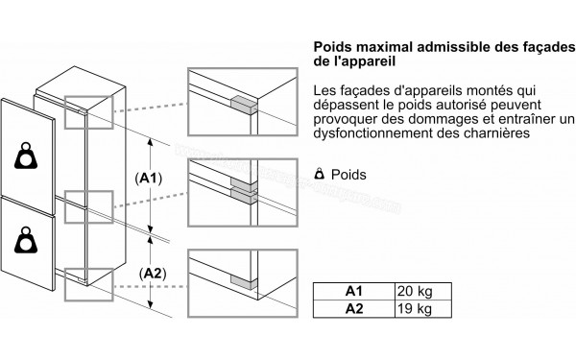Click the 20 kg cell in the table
point(422,292)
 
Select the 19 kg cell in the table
point(422,309)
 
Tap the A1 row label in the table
point(354,292)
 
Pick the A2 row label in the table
point(354,309)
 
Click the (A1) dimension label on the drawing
point(149,179)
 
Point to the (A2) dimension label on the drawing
point(153,274)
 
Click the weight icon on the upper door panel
point(26,156)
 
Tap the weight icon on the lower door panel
point(26,240)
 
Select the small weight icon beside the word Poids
point(320,174)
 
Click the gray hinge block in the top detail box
point(244,104)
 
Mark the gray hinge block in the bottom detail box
point(244,282)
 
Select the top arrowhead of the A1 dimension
point(151,142)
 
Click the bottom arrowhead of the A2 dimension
point(151,304)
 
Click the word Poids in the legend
point(348,175)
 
